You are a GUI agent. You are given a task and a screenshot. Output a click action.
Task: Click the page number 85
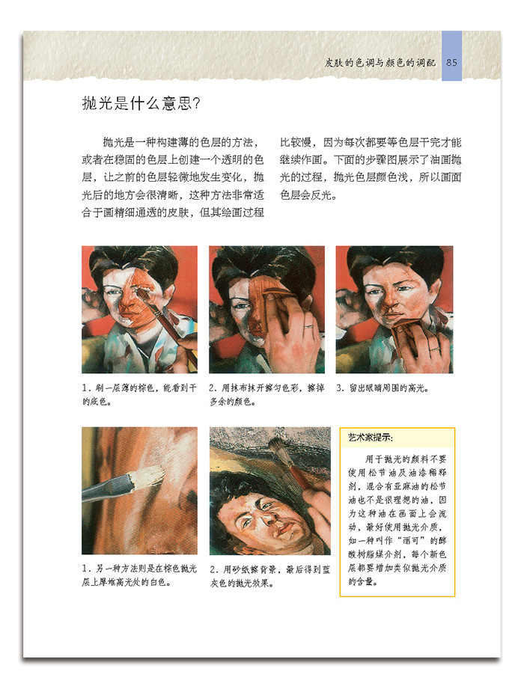[451, 62]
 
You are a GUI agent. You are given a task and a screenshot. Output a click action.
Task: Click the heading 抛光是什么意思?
[141, 103]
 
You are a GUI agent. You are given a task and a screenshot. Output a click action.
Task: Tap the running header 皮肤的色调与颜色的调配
[380, 62]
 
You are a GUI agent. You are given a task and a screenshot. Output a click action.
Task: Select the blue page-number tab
[451, 56]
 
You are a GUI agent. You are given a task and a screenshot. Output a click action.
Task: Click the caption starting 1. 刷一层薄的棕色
[139, 394]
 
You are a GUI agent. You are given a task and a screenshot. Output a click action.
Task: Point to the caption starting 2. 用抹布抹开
[266, 394]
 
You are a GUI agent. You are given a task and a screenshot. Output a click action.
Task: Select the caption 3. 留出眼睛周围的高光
[383, 388]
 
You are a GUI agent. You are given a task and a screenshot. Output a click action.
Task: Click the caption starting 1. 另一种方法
[139, 575]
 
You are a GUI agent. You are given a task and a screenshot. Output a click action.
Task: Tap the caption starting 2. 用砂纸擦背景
[269, 576]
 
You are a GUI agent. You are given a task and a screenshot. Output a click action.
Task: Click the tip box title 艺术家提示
[371, 438]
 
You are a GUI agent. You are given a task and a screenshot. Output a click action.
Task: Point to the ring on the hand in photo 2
[309, 326]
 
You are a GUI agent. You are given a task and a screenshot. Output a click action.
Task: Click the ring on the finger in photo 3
[435, 349]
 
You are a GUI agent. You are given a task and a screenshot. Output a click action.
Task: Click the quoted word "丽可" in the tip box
[411, 540]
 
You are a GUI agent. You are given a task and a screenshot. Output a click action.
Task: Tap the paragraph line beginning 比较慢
[371, 142]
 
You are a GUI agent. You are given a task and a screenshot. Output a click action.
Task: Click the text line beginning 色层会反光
[308, 195]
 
